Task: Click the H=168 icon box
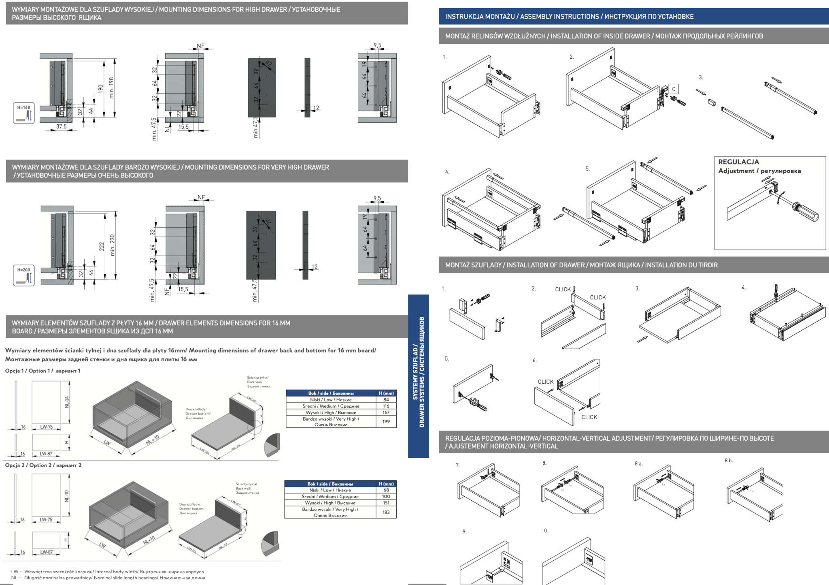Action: [x=24, y=113]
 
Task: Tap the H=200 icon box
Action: [x=24, y=275]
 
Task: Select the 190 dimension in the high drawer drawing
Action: [x=101, y=89]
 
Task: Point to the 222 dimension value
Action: [x=102, y=246]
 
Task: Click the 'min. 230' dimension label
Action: [x=113, y=245]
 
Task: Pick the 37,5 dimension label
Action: [x=62, y=127]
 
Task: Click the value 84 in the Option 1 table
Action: [x=386, y=399]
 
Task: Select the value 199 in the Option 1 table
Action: [x=386, y=421]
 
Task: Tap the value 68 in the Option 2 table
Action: [x=386, y=490]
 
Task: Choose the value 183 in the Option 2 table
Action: [x=386, y=512]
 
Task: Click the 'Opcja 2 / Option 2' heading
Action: [x=43, y=465]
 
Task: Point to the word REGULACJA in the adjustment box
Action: [x=738, y=162]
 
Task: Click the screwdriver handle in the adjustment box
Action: [x=806, y=213]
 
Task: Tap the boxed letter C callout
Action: [x=674, y=89]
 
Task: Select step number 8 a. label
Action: [x=638, y=463]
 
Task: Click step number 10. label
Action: [x=545, y=530]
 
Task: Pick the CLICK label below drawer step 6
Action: [x=589, y=417]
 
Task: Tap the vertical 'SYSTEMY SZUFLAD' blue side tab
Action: [x=418, y=376]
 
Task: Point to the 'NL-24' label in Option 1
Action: [x=67, y=401]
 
